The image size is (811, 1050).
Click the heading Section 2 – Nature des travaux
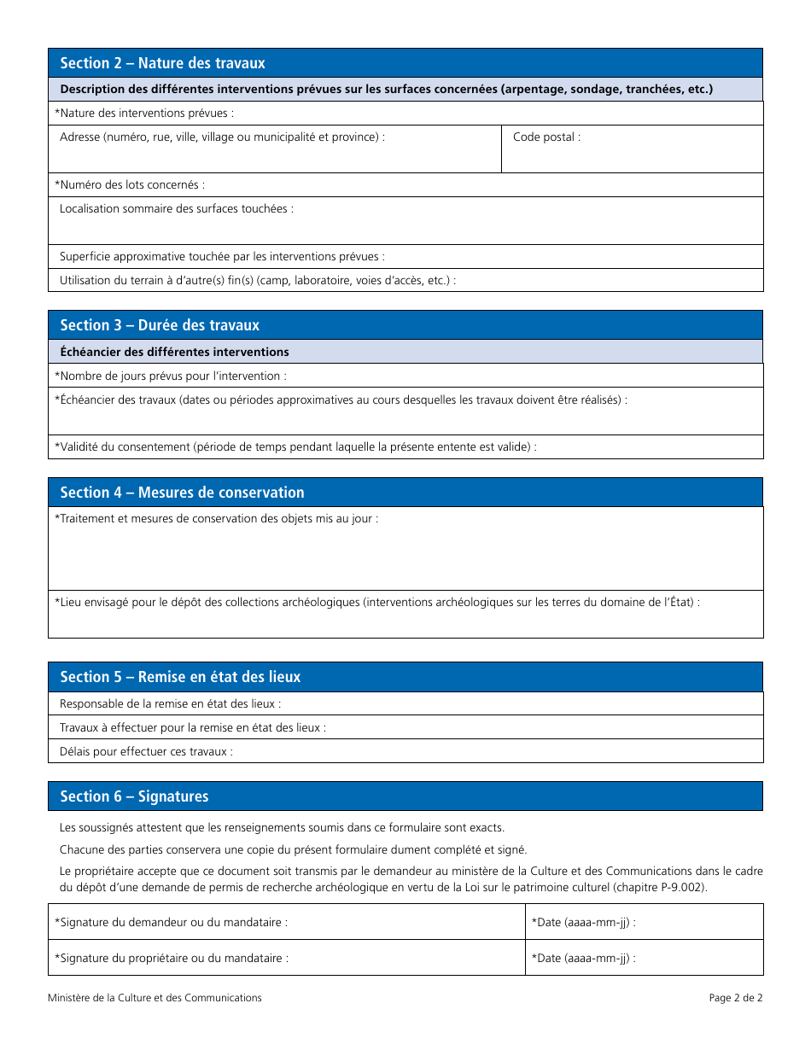coord(162,63)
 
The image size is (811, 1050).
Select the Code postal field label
coord(546,137)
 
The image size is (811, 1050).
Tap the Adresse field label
coord(222,137)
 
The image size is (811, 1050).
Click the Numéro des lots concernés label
coord(130,184)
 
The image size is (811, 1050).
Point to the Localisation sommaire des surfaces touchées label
coord(176,208)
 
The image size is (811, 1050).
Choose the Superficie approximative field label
coord(222,256)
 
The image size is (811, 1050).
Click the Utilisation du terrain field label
coord(257,280)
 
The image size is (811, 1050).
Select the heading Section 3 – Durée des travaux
coord(160,325)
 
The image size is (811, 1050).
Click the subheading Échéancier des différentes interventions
coord(174,352)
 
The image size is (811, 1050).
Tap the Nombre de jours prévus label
coord(171,376)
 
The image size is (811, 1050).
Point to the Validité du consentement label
coord(295,446)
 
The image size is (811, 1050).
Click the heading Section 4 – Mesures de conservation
coord(182,493)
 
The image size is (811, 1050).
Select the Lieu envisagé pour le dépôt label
coord(376,602)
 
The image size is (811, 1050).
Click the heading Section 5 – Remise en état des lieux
coord(180,677)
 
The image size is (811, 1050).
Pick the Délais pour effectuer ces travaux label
coord(146,751)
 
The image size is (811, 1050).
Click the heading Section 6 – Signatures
coord(134,796)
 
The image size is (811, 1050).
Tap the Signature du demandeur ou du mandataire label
coord(171,922)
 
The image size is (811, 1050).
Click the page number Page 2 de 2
coord(735,998)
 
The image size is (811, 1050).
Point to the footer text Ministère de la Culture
coord(155,998)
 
